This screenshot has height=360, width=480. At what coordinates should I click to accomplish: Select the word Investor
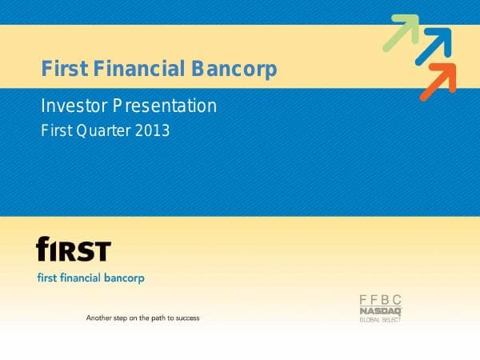(71, 105)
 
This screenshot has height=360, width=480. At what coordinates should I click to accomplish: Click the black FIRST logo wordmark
(74, 250)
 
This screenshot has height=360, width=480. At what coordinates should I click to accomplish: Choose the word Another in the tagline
(100, 318)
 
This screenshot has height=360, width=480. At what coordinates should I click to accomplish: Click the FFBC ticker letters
(380, 299)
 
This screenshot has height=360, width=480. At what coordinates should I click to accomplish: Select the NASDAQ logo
(380, 310)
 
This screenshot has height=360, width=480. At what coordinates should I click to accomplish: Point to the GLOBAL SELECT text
(380, 319)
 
